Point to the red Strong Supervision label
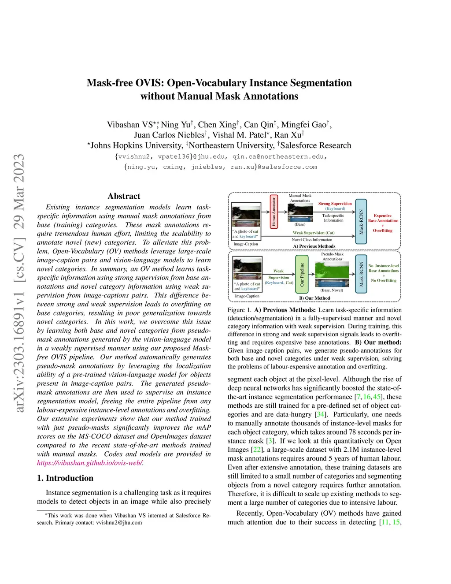[335, 204]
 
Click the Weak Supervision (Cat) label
[314, 233]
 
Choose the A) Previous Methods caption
[314, 246]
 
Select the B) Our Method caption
[314, 298]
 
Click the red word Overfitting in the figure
[382, 231]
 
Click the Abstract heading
[124, 196]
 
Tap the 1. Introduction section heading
[65, 478]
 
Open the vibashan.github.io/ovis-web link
[89, 463]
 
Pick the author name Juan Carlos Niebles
[169, 135]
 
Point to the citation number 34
[320, 414]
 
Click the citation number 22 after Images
[256, 450]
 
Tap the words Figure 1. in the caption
[239, 310]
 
